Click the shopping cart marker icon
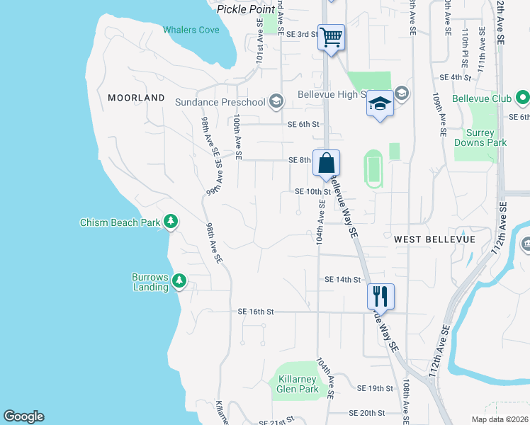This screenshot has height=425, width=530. [x=332, y=36]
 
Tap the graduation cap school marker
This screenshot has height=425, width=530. [x=380, y=104]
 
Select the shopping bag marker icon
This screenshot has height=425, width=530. [x=325, y=162]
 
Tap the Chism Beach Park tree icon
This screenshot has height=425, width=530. [x=171, y=222]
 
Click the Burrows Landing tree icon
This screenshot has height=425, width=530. [x=179, y=281]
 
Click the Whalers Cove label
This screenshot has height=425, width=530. [x=191, y=30]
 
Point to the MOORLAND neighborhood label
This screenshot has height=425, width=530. [x=136, y=98]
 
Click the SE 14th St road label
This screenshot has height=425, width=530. [x=342, y=280]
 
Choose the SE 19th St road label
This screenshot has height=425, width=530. [x=375, y=388]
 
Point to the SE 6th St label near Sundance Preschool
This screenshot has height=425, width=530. [x=304, y=125]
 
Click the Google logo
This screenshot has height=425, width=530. [x=23, y=416]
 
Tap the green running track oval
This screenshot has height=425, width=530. [x=373, y=169]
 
